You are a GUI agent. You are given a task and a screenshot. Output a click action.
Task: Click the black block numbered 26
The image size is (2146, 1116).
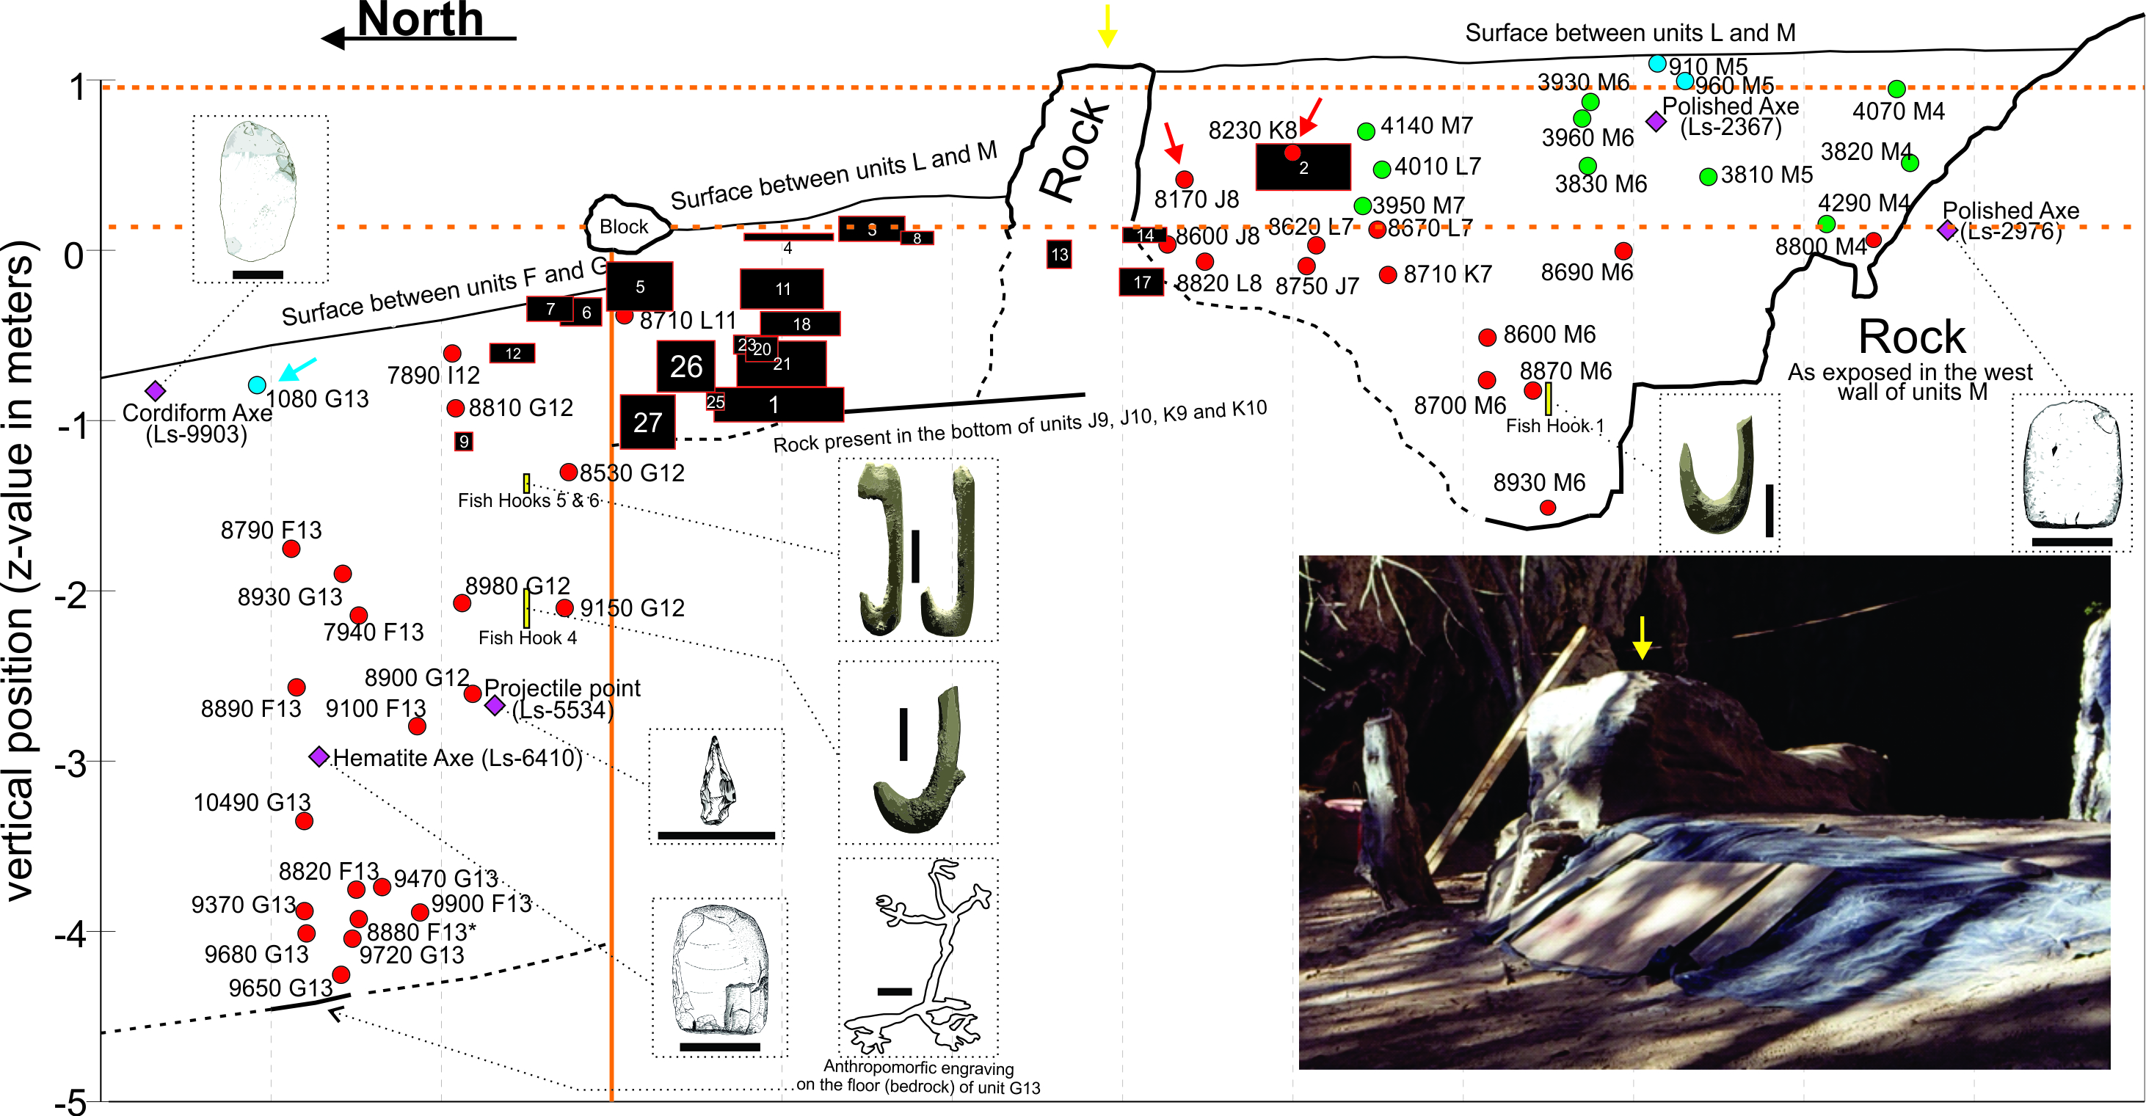[x=685, y=366]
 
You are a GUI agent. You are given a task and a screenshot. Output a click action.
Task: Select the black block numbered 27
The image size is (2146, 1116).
[x=647, y=422]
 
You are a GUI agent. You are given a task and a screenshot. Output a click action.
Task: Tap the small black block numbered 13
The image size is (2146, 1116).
[x=1059, y=254]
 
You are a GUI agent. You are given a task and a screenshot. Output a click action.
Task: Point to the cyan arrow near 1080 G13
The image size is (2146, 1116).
[x=298, y=368]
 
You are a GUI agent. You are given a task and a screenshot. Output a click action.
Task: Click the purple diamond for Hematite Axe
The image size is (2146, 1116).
[x=319, y=757]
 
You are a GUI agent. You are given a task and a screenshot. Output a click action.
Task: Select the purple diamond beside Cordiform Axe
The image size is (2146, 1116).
[x=155, y=390]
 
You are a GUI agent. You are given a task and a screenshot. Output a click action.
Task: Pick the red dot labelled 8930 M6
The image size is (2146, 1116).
[x=1548, y=507]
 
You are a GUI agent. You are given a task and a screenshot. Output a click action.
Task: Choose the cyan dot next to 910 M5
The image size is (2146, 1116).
[x=1657, y=63]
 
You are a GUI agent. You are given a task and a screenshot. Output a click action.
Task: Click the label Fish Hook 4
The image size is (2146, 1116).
[x=528, y=638]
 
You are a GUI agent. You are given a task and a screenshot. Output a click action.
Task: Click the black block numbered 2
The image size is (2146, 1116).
[x=1303, y=167]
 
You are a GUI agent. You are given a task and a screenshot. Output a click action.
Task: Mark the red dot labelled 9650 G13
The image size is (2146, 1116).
[x=340, y=974]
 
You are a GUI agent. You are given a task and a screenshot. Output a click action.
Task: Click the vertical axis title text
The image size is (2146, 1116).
[x=20, y=571]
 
